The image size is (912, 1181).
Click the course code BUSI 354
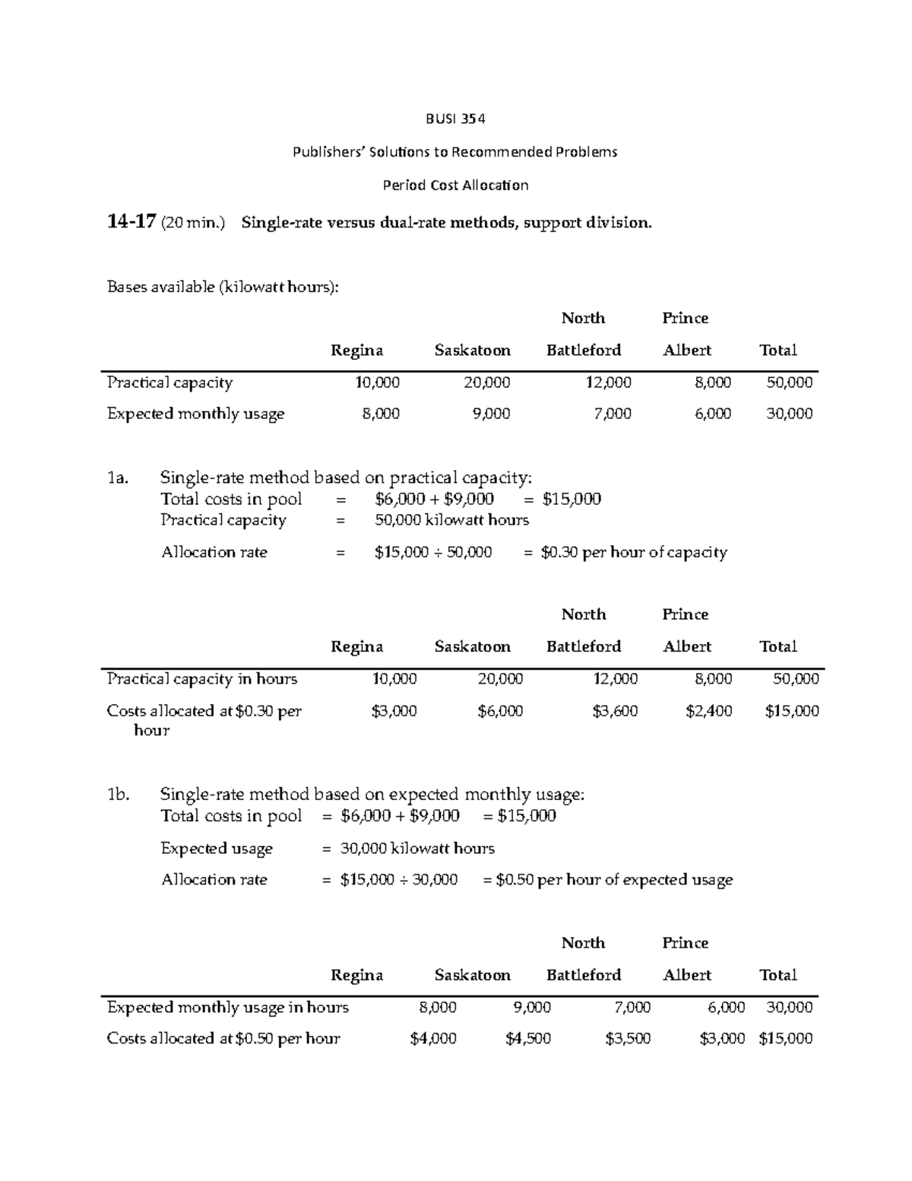coord(454,119)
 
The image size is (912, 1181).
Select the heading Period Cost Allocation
coord(454,185)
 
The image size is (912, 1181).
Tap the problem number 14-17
coord(131,222)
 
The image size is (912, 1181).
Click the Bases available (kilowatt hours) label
coord(223,287)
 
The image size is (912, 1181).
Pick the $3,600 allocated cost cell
coord(615,711)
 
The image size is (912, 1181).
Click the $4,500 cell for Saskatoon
coord(528,1039)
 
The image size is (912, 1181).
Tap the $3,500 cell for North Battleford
coord(628,1039)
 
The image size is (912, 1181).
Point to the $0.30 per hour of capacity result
coord(633,552)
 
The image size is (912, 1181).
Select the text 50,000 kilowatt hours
coord(451,520)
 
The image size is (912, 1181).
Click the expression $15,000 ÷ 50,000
coord(433,552)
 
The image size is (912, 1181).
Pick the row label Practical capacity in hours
coord(202,678)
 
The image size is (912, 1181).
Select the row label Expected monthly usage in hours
coord(228,1008)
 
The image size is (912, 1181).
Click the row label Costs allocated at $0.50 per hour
coord(223,1039)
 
